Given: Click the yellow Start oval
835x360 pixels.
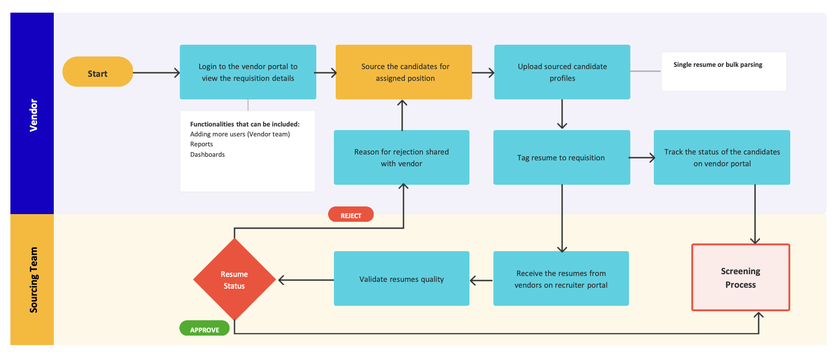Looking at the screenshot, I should pos(97,72).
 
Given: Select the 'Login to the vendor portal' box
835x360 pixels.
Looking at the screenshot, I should pos(248,72).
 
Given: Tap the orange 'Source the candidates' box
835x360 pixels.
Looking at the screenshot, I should pos(403,72).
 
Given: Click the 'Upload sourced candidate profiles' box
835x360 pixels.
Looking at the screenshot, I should pos(562,72).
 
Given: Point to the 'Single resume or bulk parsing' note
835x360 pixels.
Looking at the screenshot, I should pos(723,71).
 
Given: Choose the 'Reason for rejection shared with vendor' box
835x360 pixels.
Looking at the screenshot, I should pos(401,157).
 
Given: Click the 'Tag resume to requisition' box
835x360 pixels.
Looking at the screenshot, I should pos(561,157).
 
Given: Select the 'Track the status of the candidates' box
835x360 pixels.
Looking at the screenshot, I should pos(722,157).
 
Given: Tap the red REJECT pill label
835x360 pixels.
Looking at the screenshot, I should pos(351,215).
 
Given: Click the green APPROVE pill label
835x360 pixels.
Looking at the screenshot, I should pos(204,329).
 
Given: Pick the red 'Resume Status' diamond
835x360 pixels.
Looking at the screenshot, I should pos(234,280).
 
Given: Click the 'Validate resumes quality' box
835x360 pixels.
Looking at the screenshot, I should pos(401,279).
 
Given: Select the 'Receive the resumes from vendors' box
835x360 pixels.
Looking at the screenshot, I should pos(561,279).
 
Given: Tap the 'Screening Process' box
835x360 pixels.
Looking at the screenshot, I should pos(740,277).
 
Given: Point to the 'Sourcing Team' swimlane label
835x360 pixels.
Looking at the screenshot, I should pos(33,280).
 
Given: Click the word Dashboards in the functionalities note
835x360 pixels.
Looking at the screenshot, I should pos(207,154).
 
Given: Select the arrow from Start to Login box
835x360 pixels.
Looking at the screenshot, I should pos(156,73).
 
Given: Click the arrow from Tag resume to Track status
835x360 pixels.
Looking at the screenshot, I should pos(641,158).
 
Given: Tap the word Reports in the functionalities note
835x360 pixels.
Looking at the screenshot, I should pos(202,144).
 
